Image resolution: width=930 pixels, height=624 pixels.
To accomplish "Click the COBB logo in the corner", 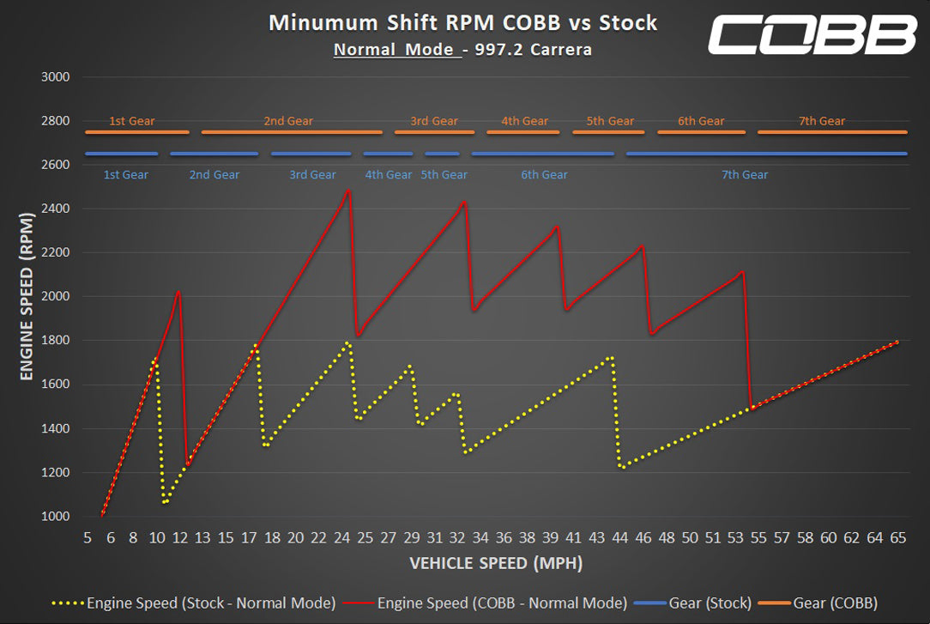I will (811, 35).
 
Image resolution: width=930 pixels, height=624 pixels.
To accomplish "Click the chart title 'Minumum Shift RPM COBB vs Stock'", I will (462, 22).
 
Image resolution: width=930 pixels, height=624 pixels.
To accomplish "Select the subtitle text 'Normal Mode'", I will (394, 49).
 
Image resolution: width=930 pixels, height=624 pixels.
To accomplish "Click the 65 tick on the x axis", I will (898, 538).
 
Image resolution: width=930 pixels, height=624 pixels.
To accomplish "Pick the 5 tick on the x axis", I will (88, 538).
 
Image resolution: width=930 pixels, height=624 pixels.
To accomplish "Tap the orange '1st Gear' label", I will (132, 121).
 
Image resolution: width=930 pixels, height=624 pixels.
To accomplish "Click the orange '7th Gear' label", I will (822, 121).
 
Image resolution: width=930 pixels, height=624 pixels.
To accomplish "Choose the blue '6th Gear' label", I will (544, 175).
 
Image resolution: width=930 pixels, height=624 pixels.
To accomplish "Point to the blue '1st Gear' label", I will (125, 175).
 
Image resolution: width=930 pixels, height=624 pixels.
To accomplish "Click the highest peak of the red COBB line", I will (348, 190).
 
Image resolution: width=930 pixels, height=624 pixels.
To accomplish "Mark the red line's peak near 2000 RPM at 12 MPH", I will (178, 292).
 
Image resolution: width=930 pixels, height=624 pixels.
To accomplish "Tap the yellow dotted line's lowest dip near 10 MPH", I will (164, 503).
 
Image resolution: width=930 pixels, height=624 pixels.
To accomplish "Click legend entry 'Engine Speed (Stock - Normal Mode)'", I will (210, 603).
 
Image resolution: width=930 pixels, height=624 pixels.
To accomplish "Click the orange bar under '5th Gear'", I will (610, 132).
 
